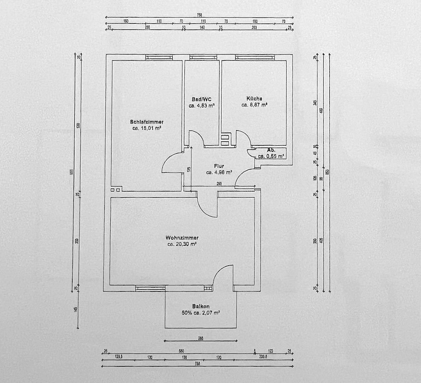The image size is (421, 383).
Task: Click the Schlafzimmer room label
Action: click(x=147, y=122)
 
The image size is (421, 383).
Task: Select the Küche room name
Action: click(x=254, y=99)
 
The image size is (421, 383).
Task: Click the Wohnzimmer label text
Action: click(x=182, y=238)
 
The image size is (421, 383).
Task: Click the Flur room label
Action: click(x=219, y=166)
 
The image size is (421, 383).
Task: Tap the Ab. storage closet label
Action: click(x=271, y=150)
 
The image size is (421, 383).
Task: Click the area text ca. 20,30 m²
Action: click(x=182, y=244)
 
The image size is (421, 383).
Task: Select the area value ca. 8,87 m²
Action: click(x=254, y=105)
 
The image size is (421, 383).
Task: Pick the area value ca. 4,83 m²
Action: click(x=201, y=105)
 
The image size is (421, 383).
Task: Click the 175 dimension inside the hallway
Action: click(x=189, y=170)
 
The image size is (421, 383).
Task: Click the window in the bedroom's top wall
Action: click(x=159, y=57)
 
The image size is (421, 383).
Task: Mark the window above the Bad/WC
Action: click(x=203, y=57)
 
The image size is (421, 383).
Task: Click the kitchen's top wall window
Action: click(x=252, y=57)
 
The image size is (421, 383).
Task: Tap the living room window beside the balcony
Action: click(x=150, y=288)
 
